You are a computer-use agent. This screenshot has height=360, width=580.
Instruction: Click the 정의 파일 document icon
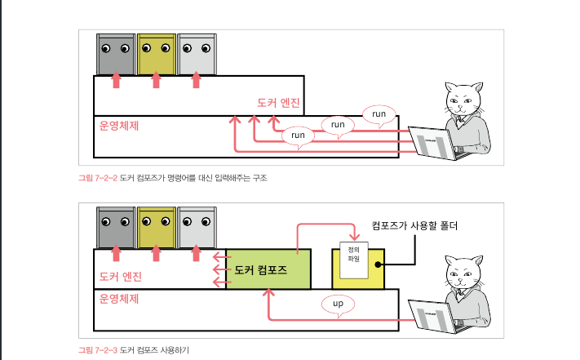click(x=353, y=259)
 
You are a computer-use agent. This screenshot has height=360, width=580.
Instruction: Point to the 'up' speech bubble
click(x=338, y=304)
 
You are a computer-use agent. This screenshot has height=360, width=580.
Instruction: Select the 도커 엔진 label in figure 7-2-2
click(x=278, y=104)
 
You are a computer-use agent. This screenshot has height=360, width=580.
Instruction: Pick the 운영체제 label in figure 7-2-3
click(x=118, y=299)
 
